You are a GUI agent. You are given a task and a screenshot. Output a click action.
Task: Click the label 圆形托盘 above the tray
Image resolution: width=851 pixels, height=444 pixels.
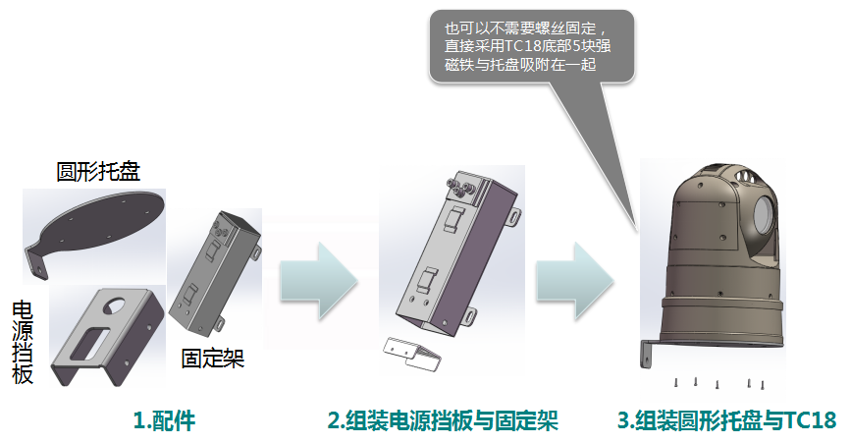coord(98,172)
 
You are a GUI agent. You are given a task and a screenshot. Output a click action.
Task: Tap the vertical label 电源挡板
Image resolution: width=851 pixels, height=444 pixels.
coord(23,343)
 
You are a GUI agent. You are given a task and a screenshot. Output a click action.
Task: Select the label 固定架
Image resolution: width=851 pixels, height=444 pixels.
coord(213,359)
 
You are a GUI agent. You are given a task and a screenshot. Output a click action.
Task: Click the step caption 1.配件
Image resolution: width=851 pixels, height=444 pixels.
coord(165,420)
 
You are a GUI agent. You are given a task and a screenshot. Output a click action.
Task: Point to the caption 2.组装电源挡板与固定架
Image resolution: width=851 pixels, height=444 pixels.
coord(443,420)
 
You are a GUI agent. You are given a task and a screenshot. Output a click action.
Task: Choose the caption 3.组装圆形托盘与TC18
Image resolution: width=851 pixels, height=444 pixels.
coord(727,420)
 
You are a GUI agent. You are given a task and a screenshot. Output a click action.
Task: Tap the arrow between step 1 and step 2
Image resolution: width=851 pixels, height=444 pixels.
coord(319,281)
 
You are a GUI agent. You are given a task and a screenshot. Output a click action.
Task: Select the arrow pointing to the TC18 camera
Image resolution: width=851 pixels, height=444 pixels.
coord(575,281)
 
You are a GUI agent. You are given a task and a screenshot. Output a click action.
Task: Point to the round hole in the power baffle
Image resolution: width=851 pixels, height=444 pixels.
coord(116,304)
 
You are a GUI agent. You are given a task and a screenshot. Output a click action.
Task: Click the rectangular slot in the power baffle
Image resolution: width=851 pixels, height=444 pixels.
coord(90,342)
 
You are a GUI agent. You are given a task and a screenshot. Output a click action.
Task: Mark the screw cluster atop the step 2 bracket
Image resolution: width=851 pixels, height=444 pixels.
coord(460,188)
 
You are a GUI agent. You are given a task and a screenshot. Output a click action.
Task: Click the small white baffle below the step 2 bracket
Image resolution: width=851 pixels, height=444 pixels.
coord(412,354)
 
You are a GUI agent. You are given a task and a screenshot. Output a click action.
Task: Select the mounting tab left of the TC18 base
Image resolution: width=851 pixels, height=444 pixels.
coord(648,354)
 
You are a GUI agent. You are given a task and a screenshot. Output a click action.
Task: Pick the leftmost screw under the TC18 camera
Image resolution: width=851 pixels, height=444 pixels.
coord(676,382)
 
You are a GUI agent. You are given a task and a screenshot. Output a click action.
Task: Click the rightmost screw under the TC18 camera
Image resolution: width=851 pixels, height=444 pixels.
coord(763,385)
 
